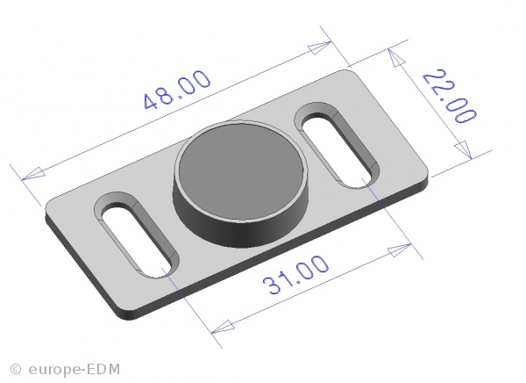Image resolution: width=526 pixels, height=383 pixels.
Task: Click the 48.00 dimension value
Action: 177,90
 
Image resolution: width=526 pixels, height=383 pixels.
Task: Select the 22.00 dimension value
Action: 449,97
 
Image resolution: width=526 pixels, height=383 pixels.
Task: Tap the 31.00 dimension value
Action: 295,274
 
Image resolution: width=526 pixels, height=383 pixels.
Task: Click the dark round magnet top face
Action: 241,171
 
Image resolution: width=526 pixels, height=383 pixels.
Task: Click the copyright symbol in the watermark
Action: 16,369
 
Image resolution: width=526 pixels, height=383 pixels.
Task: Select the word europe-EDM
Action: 75,369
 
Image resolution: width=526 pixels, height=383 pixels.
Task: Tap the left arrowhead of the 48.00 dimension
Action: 33,174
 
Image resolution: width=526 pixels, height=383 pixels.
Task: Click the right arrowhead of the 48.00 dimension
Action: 320,47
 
